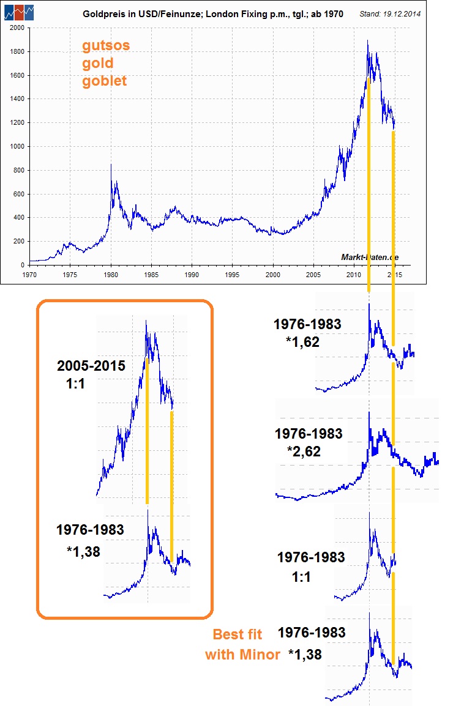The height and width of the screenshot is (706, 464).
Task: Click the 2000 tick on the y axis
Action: coord(17,28)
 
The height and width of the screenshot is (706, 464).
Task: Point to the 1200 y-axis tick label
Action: coord(17,123)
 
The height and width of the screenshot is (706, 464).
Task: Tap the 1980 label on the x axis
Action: coord(111,274)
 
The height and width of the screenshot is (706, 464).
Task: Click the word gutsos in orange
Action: coord(107,46)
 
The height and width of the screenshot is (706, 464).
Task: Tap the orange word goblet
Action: coord(105,81)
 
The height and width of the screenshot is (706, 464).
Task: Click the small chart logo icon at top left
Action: coord(20,12)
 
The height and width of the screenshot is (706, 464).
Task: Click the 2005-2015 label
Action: coord(91,366)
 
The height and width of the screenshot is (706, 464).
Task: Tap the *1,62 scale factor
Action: coord(302,342)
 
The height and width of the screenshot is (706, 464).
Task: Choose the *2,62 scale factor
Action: coord(303,451)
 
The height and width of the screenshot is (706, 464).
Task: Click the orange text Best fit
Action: coord(237,634)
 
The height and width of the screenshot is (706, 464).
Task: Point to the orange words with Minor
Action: coord(242,655)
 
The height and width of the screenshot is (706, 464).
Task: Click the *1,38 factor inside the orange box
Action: coord(83,551)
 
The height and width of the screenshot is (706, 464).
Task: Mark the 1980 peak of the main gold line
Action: coord(111,164)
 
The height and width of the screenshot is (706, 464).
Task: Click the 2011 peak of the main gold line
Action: coord(367,41)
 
